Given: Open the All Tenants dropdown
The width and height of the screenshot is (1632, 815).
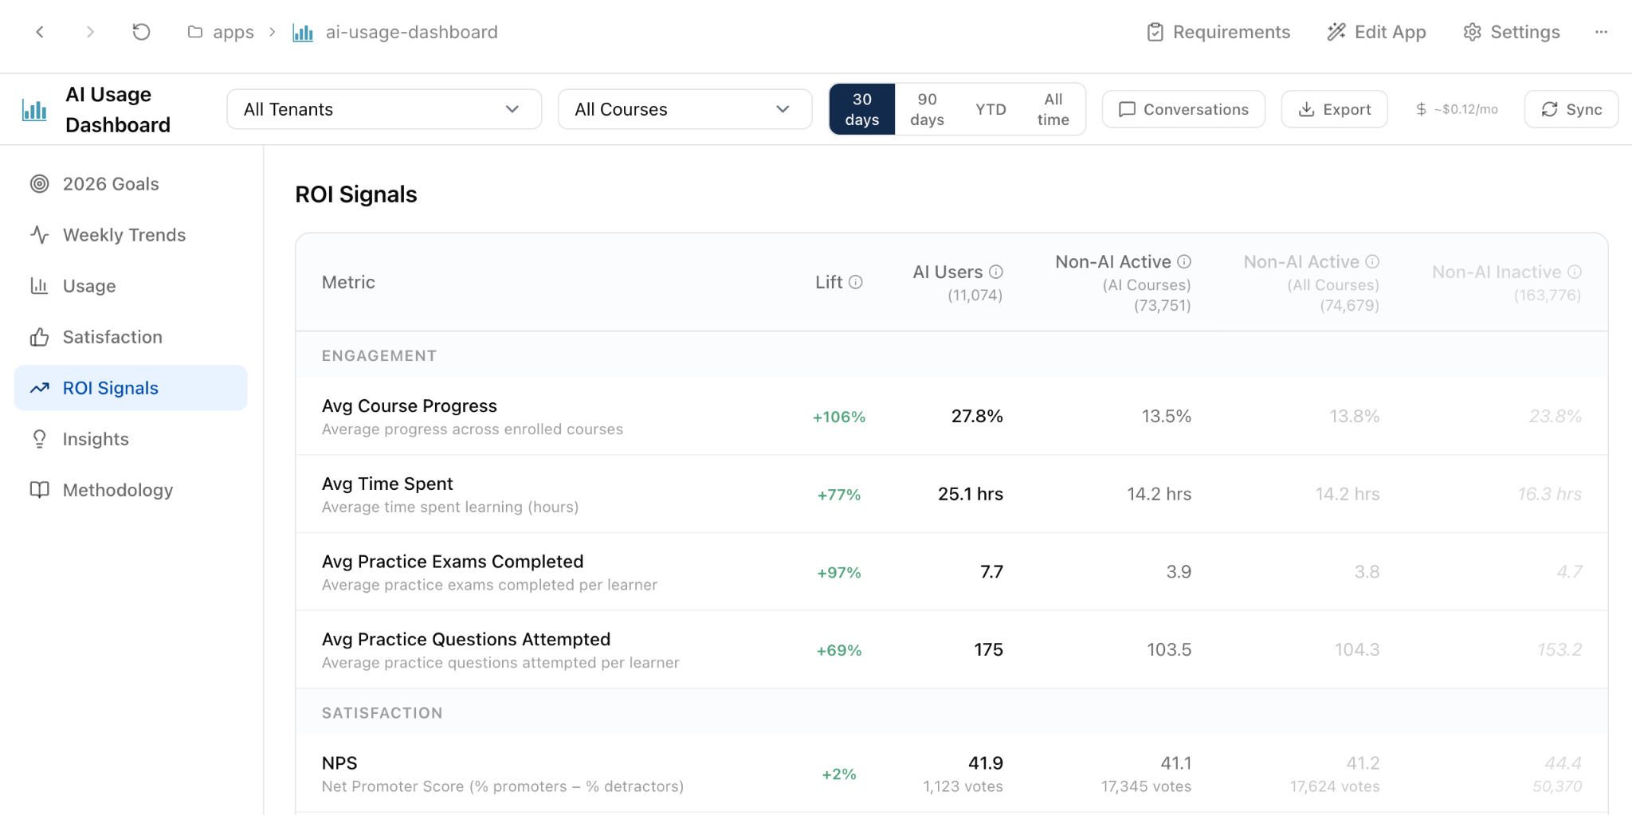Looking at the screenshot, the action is coord(383,109).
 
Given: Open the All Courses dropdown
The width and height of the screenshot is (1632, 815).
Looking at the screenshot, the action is coord(685,109).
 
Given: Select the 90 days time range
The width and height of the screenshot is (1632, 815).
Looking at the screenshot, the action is coord(927,109).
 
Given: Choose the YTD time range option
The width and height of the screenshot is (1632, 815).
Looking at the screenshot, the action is coord(991,109).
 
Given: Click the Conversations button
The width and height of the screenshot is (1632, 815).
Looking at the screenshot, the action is coord(1183,109).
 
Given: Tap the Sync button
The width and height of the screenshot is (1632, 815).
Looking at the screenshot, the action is coord(1571,109).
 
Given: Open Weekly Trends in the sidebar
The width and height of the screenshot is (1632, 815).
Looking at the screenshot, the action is coord(124,235).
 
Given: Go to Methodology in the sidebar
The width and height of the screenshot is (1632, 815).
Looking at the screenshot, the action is coord(118,490).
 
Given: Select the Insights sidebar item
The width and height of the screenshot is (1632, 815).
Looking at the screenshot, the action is coord(96,439).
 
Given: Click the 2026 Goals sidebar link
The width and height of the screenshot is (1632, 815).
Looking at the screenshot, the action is coord(111,184).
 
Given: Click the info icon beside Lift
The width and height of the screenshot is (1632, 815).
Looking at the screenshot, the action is coord(856,282).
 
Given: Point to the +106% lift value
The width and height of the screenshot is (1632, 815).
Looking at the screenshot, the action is coord(839,417).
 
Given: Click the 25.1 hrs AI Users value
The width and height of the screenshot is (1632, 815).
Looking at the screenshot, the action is coord(971,494).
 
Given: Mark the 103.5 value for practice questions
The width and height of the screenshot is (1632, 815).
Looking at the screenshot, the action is coord(1169,649).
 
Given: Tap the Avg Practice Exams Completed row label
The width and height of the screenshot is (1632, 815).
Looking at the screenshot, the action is coord(453,562).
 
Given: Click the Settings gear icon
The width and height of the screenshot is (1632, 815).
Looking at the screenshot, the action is coord(1472,32).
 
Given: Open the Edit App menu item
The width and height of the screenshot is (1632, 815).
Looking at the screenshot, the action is coord(1376,32).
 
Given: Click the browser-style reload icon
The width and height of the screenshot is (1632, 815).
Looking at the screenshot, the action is coord(141,32).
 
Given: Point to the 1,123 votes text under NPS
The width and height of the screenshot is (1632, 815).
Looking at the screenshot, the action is coord(963,786).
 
